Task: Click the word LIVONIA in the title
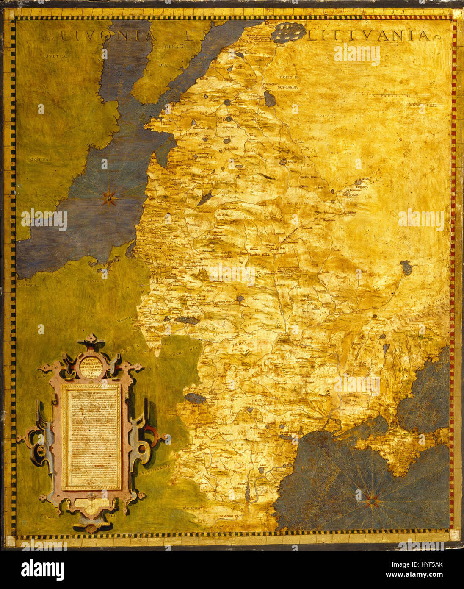tap(108, 36)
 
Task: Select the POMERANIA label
tap(28, 286)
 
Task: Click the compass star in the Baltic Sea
tap(109, 197)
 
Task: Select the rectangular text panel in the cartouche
tap(91, 436)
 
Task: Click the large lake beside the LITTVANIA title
tap(288, 32)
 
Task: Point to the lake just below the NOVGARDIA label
tap(269, 100)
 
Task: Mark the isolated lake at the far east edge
tap(406, 267)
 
